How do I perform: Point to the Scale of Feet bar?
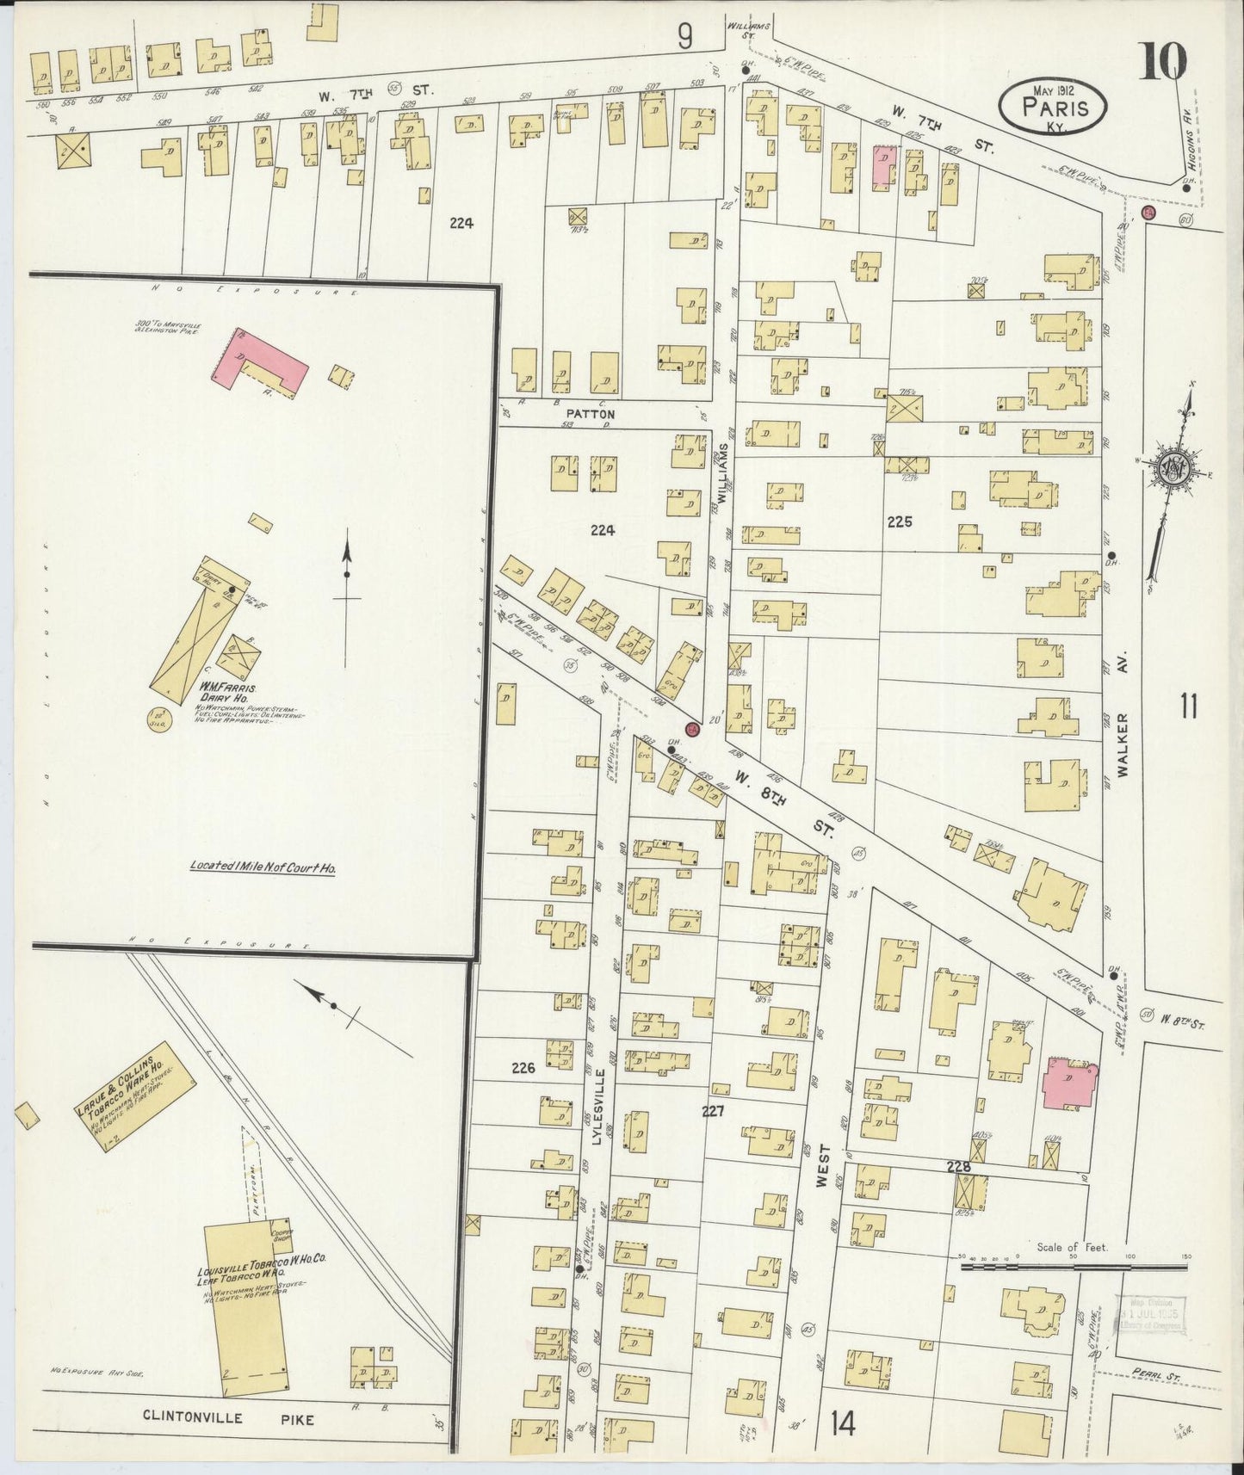click(x=1073, y=1266)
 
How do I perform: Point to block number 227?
click(x=712, y=1111)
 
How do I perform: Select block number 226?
click(x=523, y=1068)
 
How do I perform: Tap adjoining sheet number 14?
click(x=843, y=1424)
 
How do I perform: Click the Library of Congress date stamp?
click(x=1150, y=1315)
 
